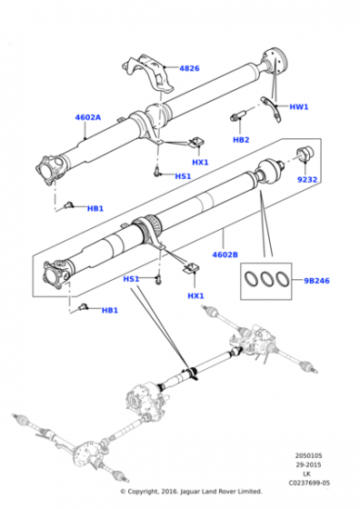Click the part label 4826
(x=189, y=68)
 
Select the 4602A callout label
(x=88, y=117)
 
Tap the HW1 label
(x=299, y=107)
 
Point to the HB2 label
(x=241, y=140)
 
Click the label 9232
(x=307, y=179)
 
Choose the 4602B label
(x=225, y=254)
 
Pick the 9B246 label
(x=316, y=281)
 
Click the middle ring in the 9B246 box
(x=266, y=279)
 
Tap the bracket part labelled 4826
(x=148, y=74)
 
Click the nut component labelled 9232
(x=305, y=154)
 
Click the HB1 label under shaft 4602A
(x=95, y=208)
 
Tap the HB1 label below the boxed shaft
(x=110, y=310)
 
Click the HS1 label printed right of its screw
(x=183, y=176)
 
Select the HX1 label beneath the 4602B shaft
(x=195, y=296)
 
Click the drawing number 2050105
(x=308, y=455)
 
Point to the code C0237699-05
(x=309, y=484)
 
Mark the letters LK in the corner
(x=306, y=474)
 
